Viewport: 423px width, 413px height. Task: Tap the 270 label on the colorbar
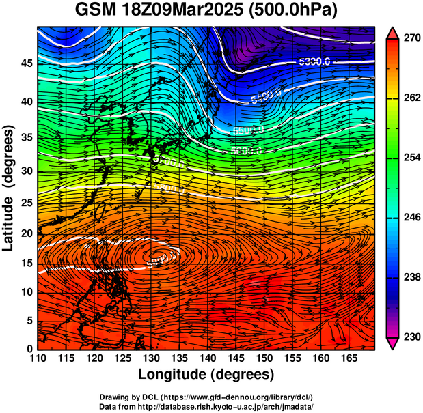411,38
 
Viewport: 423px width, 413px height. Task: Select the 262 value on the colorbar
411,98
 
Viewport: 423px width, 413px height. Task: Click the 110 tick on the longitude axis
38,358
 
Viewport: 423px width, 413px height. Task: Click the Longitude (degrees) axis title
206,374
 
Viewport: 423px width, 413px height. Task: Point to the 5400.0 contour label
267,96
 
